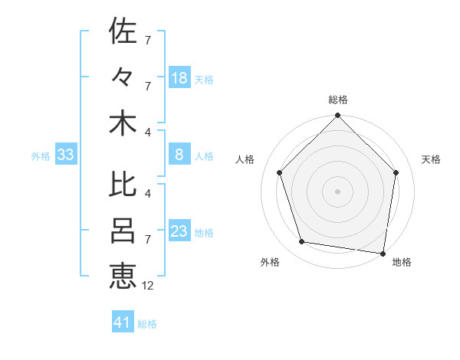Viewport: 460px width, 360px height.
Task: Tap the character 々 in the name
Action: tap(123, 77)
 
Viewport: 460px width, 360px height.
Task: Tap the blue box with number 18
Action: tap(179, 77)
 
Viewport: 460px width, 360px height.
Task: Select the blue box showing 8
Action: tap(179, 155)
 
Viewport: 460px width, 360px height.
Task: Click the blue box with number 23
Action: tap(179, 231)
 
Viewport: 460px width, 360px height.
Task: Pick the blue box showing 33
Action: tap(66, 155)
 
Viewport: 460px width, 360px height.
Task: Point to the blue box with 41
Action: tap(123, 322)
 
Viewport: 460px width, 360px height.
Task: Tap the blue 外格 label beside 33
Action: tap(41, 156)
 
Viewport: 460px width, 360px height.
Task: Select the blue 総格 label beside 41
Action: tap(147, 323)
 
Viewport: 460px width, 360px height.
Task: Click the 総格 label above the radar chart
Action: tap(338, 100)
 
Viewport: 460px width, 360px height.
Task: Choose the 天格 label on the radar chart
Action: tap(431, 159)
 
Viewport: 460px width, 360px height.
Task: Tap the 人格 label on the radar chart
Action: tap(245, 159)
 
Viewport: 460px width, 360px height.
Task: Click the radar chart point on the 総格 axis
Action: tap(338, 116)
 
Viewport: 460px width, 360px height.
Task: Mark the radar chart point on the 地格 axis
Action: tap(383, 253)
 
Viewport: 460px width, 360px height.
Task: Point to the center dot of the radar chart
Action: tap(338, 191)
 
